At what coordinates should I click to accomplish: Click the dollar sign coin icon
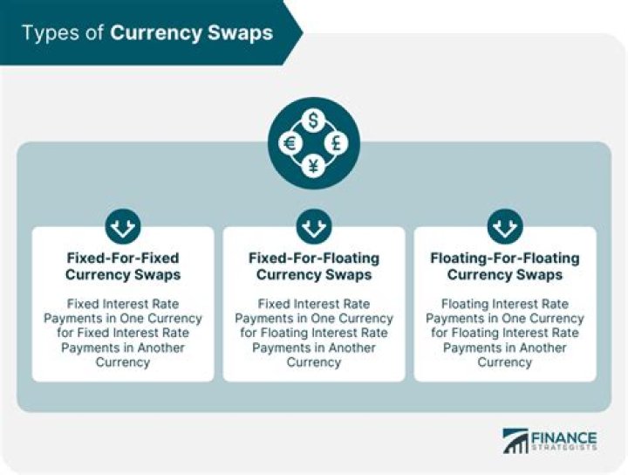pos(314,120)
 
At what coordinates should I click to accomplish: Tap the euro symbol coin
pos(290,143)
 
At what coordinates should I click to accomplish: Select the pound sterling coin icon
pos(337,143)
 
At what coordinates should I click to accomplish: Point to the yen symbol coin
pos(314,166)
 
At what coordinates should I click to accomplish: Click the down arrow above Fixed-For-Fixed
pos(123,226)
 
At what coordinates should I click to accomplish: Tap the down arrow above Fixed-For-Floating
pos(314,226)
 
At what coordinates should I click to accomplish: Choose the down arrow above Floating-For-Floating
pos(505,226)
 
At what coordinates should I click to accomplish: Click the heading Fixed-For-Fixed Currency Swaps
pos(123,266)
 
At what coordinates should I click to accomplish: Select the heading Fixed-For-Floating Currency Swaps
pos(314,266)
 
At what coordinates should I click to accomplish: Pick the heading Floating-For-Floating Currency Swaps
pos(505,266)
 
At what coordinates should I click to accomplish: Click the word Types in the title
pos(51,33)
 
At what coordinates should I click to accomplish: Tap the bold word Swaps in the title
pos(241,33)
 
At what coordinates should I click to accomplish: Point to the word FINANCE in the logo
pos(564,437)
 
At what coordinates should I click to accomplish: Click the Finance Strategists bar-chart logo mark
pos(515,441)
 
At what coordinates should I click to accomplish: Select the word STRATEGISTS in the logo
pos(564,447)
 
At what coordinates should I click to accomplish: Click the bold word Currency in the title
pos(156,33)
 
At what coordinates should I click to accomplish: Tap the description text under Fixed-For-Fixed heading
pos(123,333)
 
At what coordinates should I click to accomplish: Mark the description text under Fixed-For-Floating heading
pos(314,333)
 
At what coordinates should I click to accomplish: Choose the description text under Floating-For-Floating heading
pos(505,333)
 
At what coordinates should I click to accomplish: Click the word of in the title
pos(94,33)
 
